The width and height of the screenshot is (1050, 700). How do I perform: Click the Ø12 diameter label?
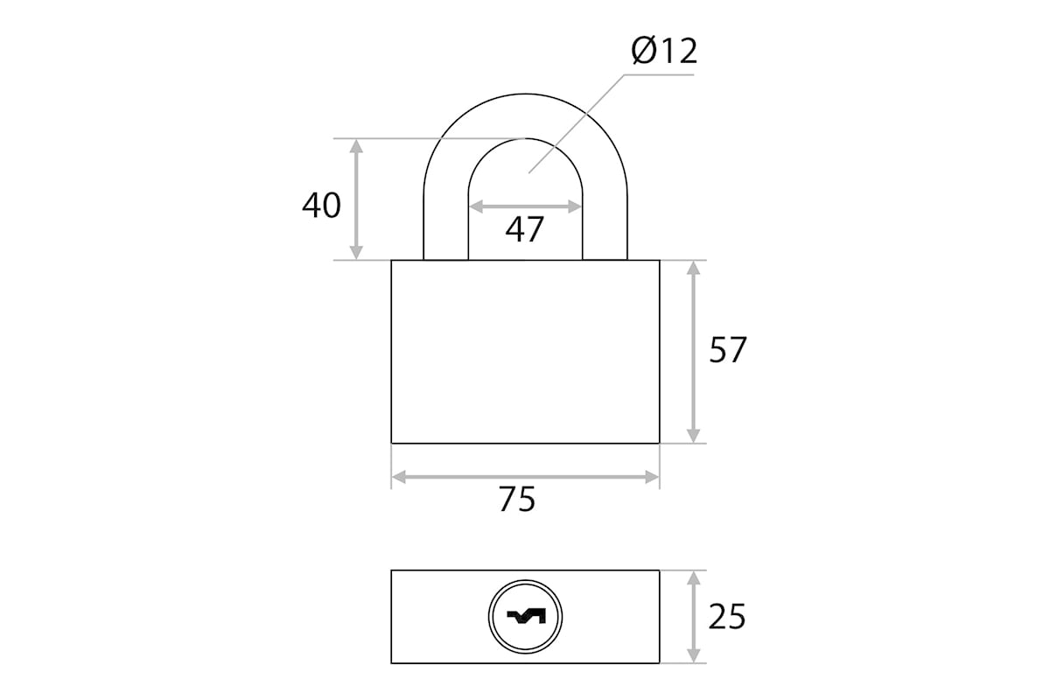click(x=664, y=51)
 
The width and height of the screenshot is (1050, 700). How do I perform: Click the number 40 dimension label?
click(x=322, y=206)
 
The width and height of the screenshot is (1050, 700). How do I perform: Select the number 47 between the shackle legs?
click(x=524, y=229)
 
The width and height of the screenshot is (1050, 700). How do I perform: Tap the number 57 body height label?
click(x=727, y=350)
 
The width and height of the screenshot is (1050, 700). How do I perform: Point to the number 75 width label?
click(x=516, y=500)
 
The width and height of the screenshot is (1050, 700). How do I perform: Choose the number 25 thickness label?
click(x=727, y=617)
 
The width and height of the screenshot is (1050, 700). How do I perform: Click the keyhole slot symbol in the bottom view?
click(x=527, y=617)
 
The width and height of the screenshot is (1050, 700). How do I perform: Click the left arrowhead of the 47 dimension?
click(x=476, y=206)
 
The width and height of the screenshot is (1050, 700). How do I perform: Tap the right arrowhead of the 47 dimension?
click(x=575, y=206)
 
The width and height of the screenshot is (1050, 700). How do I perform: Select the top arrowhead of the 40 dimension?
click(x=356, y=146)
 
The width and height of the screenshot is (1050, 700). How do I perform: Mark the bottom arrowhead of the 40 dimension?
click(x=356, y=252)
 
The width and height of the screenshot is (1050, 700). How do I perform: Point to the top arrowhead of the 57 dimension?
click(x=693, y=268)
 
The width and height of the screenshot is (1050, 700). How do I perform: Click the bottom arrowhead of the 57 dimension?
click(x=693, y=436)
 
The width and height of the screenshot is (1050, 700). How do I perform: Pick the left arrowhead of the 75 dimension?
click(x=399, y=477)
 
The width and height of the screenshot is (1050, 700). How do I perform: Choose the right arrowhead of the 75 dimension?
click(x=652, y=477)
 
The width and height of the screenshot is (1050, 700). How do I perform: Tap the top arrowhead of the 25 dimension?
click(x=693, y=578)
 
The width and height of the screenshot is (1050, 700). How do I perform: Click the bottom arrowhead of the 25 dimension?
click(x=693, y=655)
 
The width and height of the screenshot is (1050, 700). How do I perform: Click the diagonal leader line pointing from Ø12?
click(x=577, y=123)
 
